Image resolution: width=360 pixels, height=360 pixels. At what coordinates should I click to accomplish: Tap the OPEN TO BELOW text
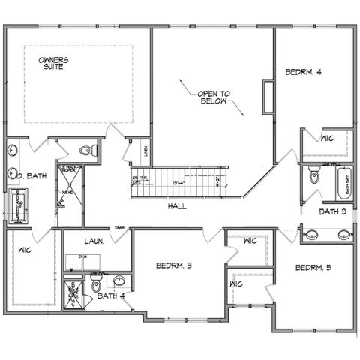tap(214, 97)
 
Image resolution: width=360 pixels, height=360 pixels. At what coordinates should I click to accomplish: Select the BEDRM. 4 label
tap(303, 73)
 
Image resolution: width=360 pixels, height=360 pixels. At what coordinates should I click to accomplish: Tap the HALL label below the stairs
tap(177, 205)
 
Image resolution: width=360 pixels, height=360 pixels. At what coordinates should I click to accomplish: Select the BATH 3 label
tap(331, 212)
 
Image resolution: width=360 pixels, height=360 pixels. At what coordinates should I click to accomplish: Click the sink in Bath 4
tap(118, 282)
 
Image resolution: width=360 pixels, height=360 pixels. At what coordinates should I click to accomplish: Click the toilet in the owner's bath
tap(90, 150)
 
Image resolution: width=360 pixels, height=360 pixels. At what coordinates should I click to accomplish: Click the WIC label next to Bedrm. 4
tap(327, 139)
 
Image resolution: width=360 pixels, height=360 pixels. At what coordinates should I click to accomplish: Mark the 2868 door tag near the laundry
tap(118, 227)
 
